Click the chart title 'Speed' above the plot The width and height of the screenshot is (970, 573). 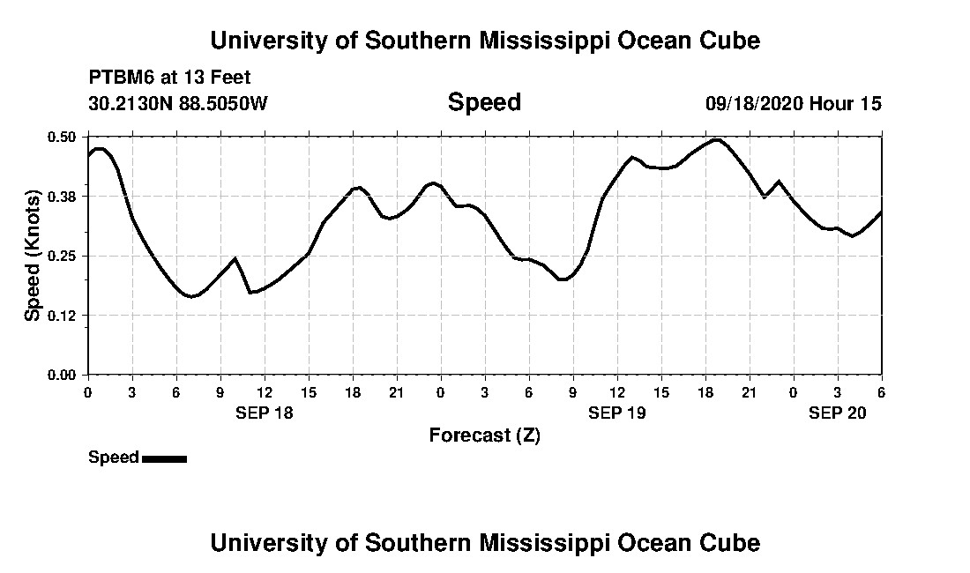pos(484,102)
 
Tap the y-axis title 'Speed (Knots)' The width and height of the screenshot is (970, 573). pos(33,255)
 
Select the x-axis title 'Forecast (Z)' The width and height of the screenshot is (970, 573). pos(484,435)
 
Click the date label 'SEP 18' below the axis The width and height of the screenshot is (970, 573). pos(264,413)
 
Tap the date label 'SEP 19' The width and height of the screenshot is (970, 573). pos(616,413)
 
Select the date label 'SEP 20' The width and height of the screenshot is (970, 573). pos(838,413)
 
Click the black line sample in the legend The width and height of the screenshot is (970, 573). pos(164,458)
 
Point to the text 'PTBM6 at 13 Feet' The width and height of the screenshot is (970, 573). pos(169,78)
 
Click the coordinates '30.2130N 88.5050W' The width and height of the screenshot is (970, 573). pos(177,103)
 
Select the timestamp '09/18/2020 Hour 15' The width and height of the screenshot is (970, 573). pos(793,103)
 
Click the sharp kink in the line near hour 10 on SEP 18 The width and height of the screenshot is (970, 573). pos(235,258)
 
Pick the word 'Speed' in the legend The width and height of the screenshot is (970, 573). pos(113,457)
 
